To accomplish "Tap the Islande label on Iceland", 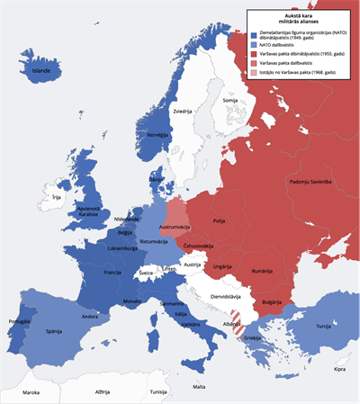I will point(42,69).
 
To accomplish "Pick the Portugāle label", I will point(19,321).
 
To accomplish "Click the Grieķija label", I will point(252,338).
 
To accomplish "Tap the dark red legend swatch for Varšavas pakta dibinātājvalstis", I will point(253,55).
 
